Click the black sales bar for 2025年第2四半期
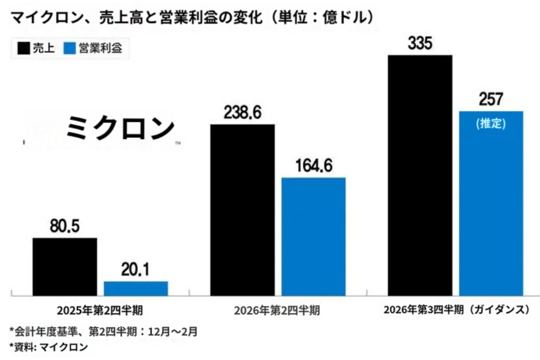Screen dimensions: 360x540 pos(64,266)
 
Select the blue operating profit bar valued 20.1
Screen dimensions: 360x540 pos(136,288)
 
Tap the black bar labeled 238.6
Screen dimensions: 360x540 pos(242,210)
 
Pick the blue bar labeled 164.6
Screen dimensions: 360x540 pos(313,236)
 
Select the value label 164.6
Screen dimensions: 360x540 pos(314,167)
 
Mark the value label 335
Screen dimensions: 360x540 pos(420,44)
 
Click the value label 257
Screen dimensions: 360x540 pos(491,99)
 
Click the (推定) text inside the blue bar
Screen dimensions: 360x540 pos(491,123)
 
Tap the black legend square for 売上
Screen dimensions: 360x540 pos(24,49)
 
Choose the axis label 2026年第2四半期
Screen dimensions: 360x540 pos(277,311)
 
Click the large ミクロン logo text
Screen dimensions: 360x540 pos(119,127)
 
